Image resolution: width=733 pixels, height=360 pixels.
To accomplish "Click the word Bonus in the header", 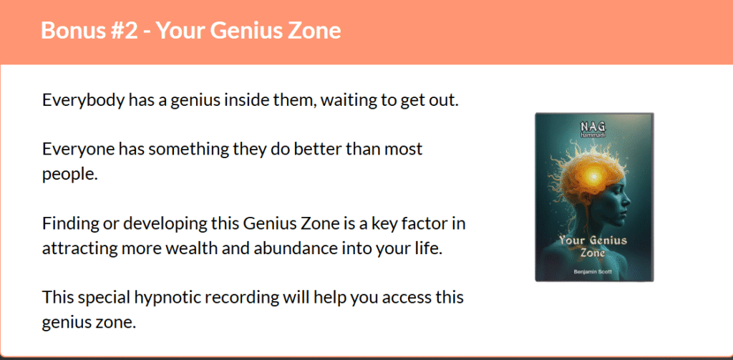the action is (69, 31).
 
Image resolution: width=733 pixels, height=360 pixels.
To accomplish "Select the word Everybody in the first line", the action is (82, 101).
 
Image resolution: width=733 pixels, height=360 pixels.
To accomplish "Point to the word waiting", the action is (349, 101).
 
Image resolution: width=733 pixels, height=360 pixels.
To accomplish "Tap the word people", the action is (69, 175).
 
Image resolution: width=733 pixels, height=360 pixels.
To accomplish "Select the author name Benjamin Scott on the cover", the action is (593, 272).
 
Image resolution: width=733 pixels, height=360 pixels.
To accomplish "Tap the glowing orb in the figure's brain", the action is (593, 176).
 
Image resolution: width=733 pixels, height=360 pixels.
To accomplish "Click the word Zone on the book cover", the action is (593, 253).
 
